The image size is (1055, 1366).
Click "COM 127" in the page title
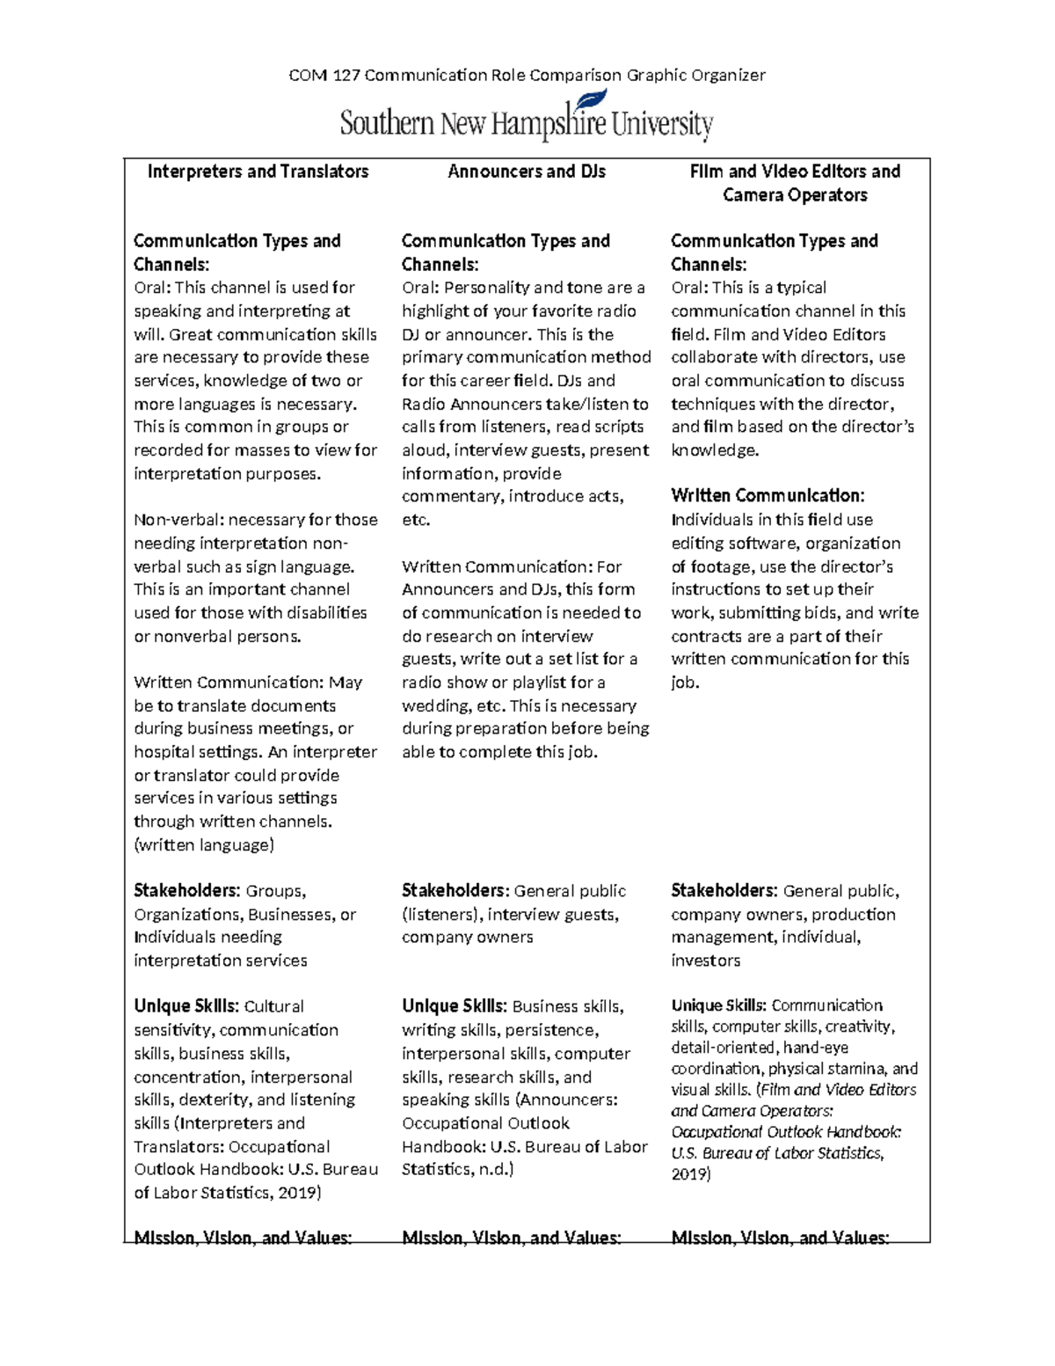(x=324, y=76)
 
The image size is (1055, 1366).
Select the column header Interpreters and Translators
(x=258, y=172)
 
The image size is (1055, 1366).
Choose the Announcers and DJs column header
(x=526, y=172)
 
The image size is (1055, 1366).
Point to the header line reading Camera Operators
(x=795, y=195)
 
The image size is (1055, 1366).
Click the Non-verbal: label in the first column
(x=178, y=520)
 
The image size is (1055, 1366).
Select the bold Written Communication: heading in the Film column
(x=768, y=496)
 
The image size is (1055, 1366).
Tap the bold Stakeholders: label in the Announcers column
(x=455, y=891)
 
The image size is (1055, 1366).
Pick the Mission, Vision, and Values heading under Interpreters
(x=243, y=1238)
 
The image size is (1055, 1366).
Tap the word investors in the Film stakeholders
(x=705, y=961)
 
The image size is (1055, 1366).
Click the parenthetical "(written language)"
(x=204, y=845)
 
